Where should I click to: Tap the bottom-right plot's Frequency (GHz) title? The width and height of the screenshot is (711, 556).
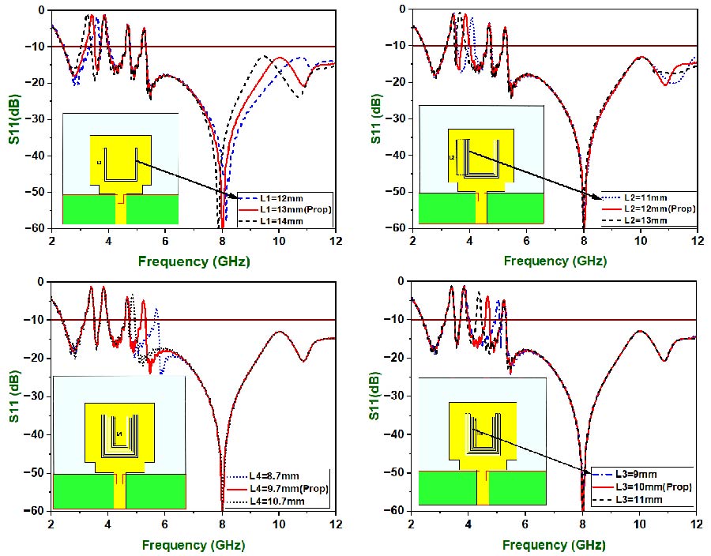click(554, 544)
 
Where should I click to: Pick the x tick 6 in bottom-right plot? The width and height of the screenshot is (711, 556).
click(525, 524)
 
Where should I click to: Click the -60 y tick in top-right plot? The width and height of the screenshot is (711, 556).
click(395, 228)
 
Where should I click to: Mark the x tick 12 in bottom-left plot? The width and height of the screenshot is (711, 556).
click(335, 524)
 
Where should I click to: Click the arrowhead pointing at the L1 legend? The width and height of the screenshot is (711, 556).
click(234, 194)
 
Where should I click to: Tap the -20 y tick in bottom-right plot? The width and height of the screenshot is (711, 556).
click(395, 358)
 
